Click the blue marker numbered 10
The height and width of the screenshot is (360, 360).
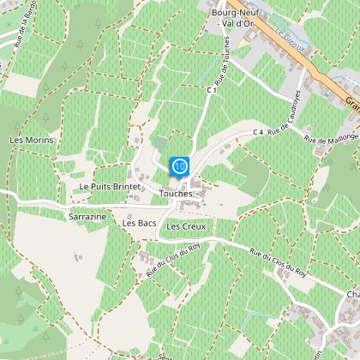tap(179, 165)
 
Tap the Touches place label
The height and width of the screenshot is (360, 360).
tap(176, 194)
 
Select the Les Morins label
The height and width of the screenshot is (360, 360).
tap(31, 140)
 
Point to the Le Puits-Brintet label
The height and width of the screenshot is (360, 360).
tap(108, 186)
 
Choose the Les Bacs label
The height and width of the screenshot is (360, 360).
tap(139, 223)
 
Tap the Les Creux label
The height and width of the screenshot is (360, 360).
tap(186, 226)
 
